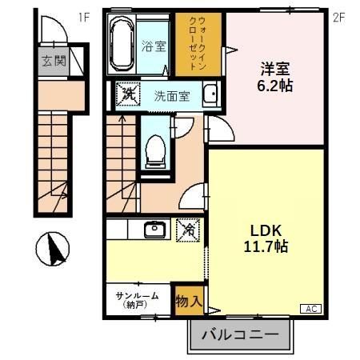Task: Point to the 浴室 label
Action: click(x=154, y=46)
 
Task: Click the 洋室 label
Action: click(x=274, y=67)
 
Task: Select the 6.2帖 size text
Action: click(x=274, y=84)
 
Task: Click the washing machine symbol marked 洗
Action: click(x=128, y=94)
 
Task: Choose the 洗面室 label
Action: click(x=171, y=96)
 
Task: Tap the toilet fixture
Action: click(x=157, y=147)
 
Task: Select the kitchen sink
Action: click(x=153, y=230)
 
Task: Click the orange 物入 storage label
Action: click(x=189, y=302)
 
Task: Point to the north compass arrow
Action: click(x=56, y=250)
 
